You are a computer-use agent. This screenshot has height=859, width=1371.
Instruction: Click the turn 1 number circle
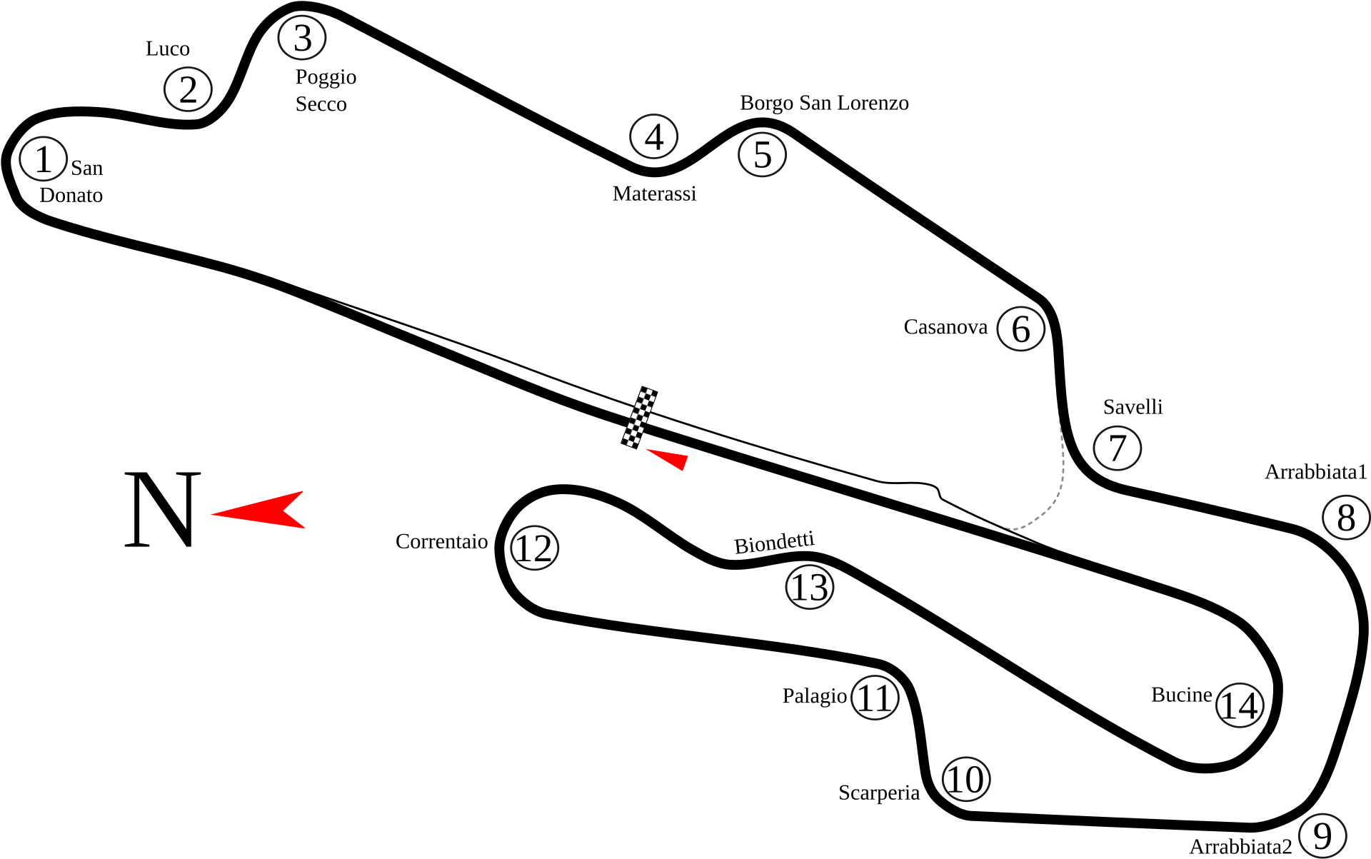pyautogui.click(x=44, y=159)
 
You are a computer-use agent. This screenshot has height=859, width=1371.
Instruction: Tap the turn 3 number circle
pyautogui.click(x=302, y=39)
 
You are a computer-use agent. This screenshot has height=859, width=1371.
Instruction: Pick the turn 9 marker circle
pyautogui.click(x=1322, y=835)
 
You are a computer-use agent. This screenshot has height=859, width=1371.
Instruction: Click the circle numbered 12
pyautogui.click(x=534, y=548)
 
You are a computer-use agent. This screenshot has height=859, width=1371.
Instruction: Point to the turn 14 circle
pyautogui.click(x=1240, y=705)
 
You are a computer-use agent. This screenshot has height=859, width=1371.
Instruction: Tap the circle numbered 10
pyautogui.click(x=967, y=780)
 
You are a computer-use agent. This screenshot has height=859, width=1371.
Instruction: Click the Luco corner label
pyautogui.click(x=168, y=49)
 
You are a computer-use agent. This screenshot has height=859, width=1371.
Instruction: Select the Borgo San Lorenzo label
pyautogui.click(x=823, y=103)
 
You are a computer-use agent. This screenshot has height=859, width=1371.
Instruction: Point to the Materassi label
pyautogui.click(x=654, y=194)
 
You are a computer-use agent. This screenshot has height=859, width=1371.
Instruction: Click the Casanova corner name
pyautogui.click(x=945, y=327)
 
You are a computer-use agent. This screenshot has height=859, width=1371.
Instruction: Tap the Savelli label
pyautogui.click(x=1133, y=407)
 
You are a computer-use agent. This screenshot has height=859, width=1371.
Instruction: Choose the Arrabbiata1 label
pyautogui.click(x=1315, y=472)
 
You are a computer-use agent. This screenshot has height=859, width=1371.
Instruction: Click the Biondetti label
pyautogui.click(x=774, y=544)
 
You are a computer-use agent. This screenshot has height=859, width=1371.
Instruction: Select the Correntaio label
pyautogui.click(x=441, y=542)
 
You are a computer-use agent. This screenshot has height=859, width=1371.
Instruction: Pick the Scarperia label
pyautogui.click(x=879, y=793)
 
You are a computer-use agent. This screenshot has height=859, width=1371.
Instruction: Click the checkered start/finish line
pyautogui.click(x=640, y=418)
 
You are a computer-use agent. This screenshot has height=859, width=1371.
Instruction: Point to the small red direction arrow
pyautogui.click(x=670, y=458)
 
